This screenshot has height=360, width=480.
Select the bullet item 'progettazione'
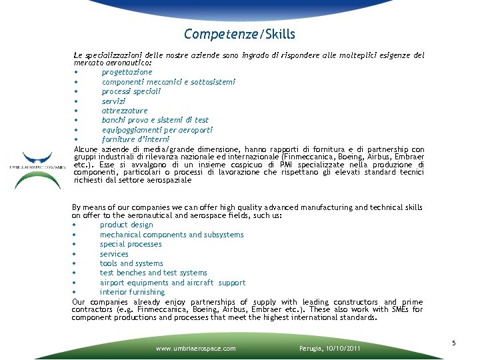point(127,72)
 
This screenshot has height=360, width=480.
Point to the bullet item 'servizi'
point(113,101)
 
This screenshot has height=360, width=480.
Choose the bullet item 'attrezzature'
point(125,111)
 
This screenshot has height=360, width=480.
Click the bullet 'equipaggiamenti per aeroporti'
point(147,130)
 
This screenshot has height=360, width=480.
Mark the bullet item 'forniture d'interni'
point(135,139)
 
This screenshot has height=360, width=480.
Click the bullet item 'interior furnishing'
point(132,292)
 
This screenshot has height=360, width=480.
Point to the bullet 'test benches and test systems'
point(153,273)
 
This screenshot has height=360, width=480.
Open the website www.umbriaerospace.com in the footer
point(195,348)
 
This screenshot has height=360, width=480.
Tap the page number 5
point(453,343)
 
